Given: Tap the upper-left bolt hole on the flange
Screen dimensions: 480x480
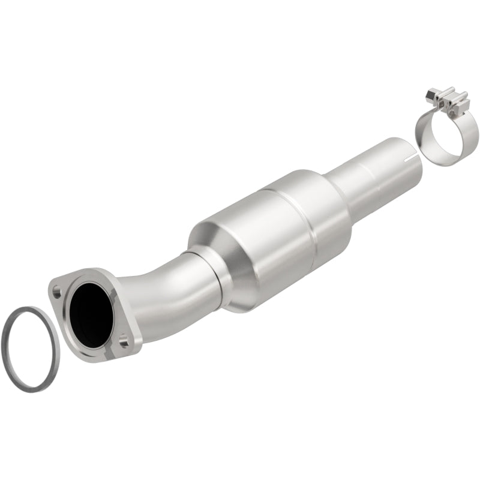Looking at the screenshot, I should pos(56,293).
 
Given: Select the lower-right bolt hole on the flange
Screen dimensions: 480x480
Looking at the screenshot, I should pos(123,343).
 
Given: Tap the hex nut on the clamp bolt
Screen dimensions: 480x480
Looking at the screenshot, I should pos(430,94).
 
